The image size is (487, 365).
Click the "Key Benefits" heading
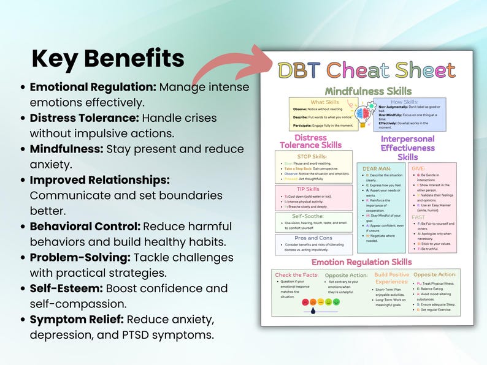pyautogui.click(x=108, y=58)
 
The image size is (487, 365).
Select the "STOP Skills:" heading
pyautogui.click(x=313, y=157)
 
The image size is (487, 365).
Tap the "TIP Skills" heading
pyautogui.click(x=313, y=189)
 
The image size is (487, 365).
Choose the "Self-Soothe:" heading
pyautogui.click(x=313, y=217)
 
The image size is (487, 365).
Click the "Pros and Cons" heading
pyautogui.click(x=313, y=239)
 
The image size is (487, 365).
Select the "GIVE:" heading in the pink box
pyautogui.click(x=419, y=168)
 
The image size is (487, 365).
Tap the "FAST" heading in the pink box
pyautogui.click(x=419, y=217)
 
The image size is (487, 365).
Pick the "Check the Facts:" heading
pyautogui.click(x=297, y=275)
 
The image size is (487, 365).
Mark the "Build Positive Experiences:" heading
pyautogui.click(x=392, y=279)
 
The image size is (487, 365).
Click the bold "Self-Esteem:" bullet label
pyautogui.click(x=67, y=288)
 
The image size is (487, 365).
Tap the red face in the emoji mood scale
pyautogui.click(x=304, y=302)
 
